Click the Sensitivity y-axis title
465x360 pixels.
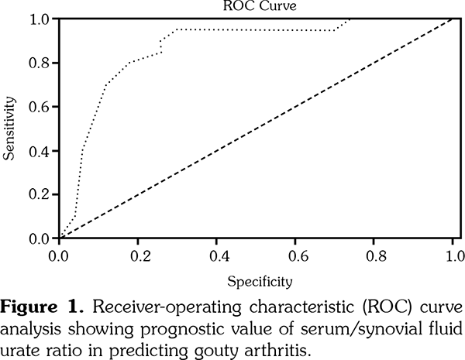click(x=10, y=128)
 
